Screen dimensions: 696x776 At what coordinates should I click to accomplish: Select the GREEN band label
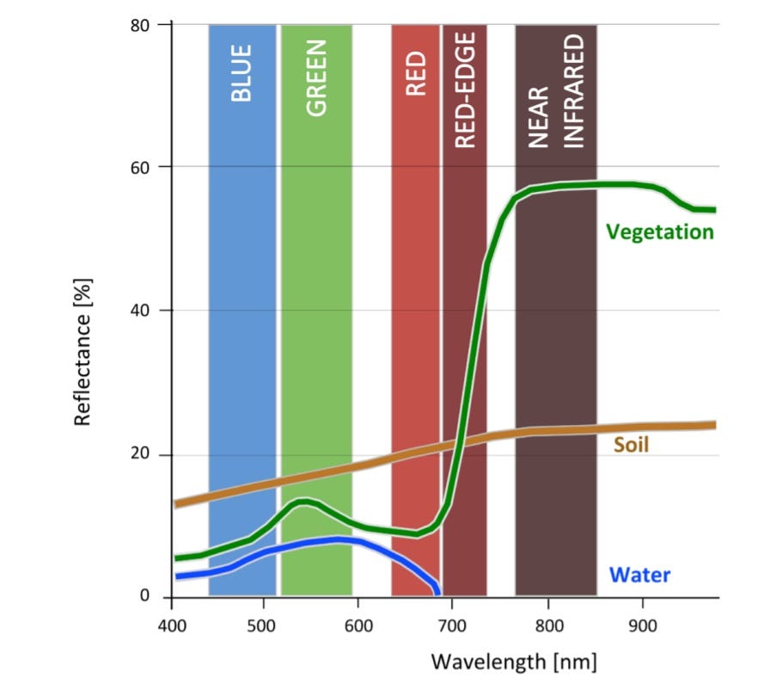tap(317, 78)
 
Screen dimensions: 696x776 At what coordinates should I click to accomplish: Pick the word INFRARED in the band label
tap(574, 92)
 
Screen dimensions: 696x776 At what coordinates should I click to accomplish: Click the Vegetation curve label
tap(659, 232)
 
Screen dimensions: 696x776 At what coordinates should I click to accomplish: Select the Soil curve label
tap(631, 446)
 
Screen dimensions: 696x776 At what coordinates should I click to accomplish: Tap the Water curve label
tap(639, 575)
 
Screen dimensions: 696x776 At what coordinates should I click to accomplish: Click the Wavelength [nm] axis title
tap(513, 662)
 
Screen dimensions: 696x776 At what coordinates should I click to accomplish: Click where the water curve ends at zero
tap(438, 594)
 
